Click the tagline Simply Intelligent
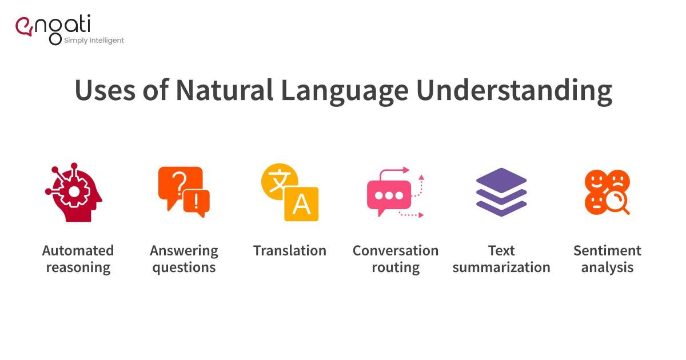pos(94,41)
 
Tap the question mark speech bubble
pos(179,184)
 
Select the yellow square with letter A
pos(301,204)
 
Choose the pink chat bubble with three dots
pos(389,195)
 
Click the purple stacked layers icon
pos(501,192)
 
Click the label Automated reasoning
pos(78,259)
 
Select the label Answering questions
pos(184,259)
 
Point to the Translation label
pos(290,251)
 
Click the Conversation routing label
pos(396,259)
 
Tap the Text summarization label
pos(501,259)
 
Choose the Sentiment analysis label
pos(607,259)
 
